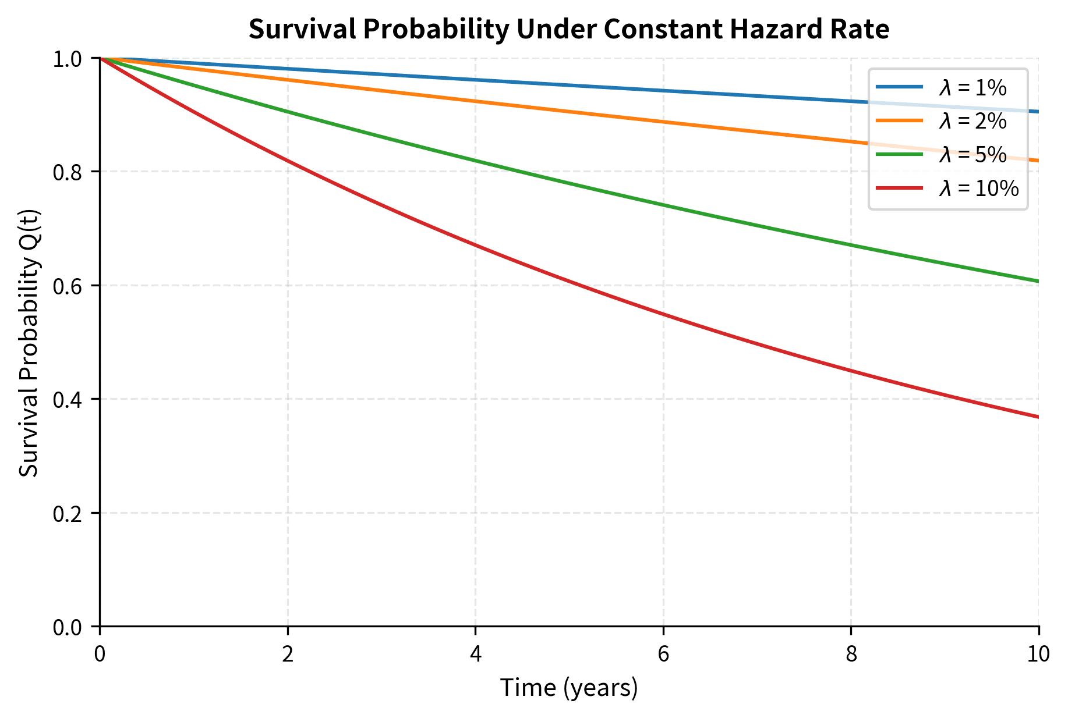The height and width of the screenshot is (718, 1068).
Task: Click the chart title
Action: pos(568,29)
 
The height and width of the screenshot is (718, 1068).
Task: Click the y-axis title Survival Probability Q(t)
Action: pos(29,343)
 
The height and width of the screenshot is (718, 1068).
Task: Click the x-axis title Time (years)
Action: pos(569,688)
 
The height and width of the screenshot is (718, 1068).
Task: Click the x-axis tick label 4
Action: pos(476,655)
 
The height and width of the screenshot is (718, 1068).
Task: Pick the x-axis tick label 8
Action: pos(851,655)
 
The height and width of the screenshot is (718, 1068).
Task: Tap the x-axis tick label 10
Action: pos(1038,655)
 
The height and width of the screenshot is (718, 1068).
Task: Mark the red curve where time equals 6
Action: pos(663,315)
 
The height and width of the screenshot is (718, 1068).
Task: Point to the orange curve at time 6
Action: pos(663,122)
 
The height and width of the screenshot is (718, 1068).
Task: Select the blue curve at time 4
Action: pos(476,80)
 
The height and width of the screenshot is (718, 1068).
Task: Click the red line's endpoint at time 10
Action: pos(1038,417)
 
